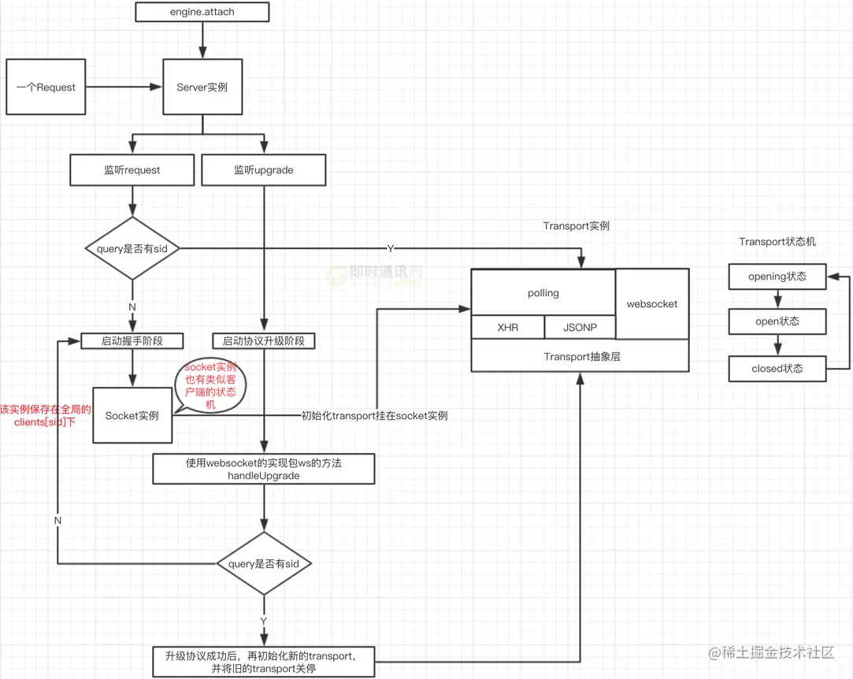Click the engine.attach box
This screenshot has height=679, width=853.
pyautogui.click(x=202, y=12)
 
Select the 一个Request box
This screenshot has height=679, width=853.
pyautogui.click(x=46, y=87)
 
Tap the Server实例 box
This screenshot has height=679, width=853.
pyautogui.click(x=202, y=87)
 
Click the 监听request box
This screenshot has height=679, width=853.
pyautogui.click(x=132, y=169)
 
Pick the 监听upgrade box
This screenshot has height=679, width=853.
pyautogui.click(x=264, y=169)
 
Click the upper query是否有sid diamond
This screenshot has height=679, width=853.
pyautogui.click(x=132, y=248)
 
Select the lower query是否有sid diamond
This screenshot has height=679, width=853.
pyautogui.click(x=264, y=563)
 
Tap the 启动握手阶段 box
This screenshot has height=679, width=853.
pyautogui.click(x=132, y=341)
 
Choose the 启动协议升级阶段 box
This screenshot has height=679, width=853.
pyautogui.click(x=264, y=341)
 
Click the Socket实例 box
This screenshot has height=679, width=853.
pyautogui.click(x=132, y=415)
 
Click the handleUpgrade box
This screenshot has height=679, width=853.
pyautogui.click(x=264, y=469)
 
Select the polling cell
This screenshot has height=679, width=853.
pyautogui.click(x=543, y=293)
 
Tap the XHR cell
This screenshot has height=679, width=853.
pyautogui.click(x=508, y=327)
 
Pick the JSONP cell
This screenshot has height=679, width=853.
pyautogui.click(x=580, y=327)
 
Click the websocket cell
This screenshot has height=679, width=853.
pyautogui.click(x=652, y=303)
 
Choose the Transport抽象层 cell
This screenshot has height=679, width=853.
pyautogui.click(x=581, y=357)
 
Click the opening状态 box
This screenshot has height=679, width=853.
pyautogui.click(x=777, y=276)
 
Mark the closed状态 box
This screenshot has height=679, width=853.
pyautogui.click(x=777, y=369)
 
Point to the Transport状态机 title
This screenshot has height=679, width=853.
pyautogui.click(x=777, y=242)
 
